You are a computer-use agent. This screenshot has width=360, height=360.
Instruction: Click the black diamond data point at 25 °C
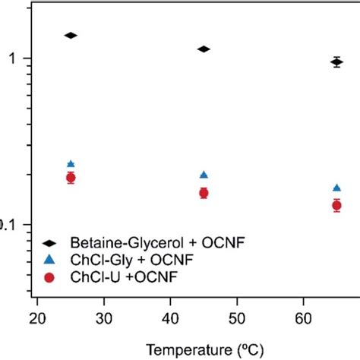71,36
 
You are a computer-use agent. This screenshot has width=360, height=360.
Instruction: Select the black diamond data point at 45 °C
204,49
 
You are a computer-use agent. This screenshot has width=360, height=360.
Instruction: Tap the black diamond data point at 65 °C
336,62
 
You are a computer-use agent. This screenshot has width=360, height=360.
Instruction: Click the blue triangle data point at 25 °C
71,164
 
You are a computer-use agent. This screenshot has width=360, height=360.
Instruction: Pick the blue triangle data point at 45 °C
204,175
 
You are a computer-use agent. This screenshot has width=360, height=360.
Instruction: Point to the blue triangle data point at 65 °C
336,188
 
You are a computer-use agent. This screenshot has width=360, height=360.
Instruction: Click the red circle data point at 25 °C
71,178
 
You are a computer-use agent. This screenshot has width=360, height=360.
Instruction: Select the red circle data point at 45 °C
204,193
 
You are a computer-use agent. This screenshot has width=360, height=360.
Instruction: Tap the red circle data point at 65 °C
336,205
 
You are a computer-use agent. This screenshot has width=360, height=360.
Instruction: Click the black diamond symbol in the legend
49,242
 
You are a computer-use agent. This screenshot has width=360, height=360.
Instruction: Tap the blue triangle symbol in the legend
49,260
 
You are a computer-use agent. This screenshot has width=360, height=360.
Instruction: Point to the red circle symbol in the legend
49,277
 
